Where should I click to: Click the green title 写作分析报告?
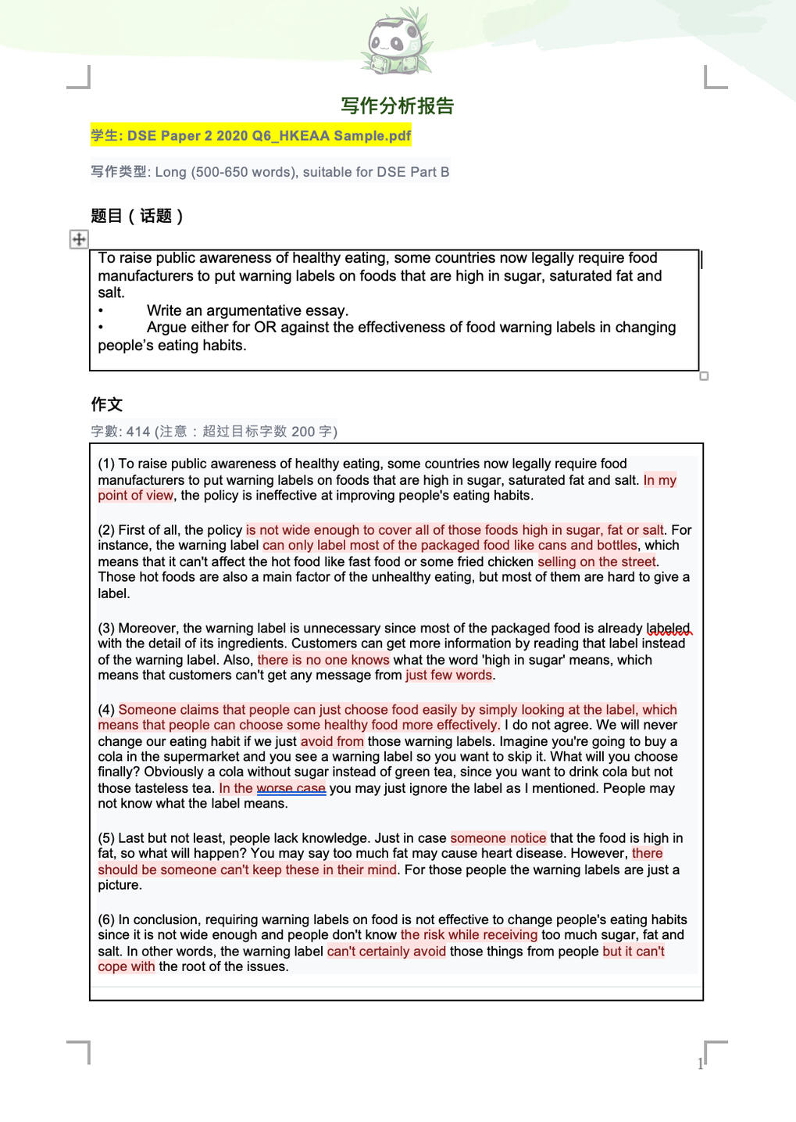pyautogui.click(x=397, y=106)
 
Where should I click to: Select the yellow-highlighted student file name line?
pyautogui.click(x=251, y=136)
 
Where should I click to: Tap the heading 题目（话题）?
pyautogui.click(x=137, y=216)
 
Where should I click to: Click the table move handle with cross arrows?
pyautogui.click(x=79, y=239)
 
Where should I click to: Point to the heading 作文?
pyautogui.click(x=106, y=404)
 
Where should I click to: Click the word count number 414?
pyautogui.click(x=138, y=432)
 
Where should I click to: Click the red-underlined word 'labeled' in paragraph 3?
pyautogui.click(x=668, y=629)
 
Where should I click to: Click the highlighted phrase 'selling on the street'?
pyautogui.click(x=597, y=561)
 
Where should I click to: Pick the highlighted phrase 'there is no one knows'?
pyautogui.click(x=323, y=660)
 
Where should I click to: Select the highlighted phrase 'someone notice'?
pyautogui.click(x=498, y=838)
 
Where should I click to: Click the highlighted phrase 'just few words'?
pyautogui.click(x=448, y=676)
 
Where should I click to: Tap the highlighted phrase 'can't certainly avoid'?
pyautogui.click(x=387, y=952)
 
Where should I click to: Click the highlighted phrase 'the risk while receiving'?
pyautogui.click(x=469, y=935)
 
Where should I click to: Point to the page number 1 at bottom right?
pyautogui.click(x=700, y=1063)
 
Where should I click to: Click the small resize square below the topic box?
pyautogui.click(x=704, y=376)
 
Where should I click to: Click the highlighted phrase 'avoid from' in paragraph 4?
pyautogui.click(x=332, y=741)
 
